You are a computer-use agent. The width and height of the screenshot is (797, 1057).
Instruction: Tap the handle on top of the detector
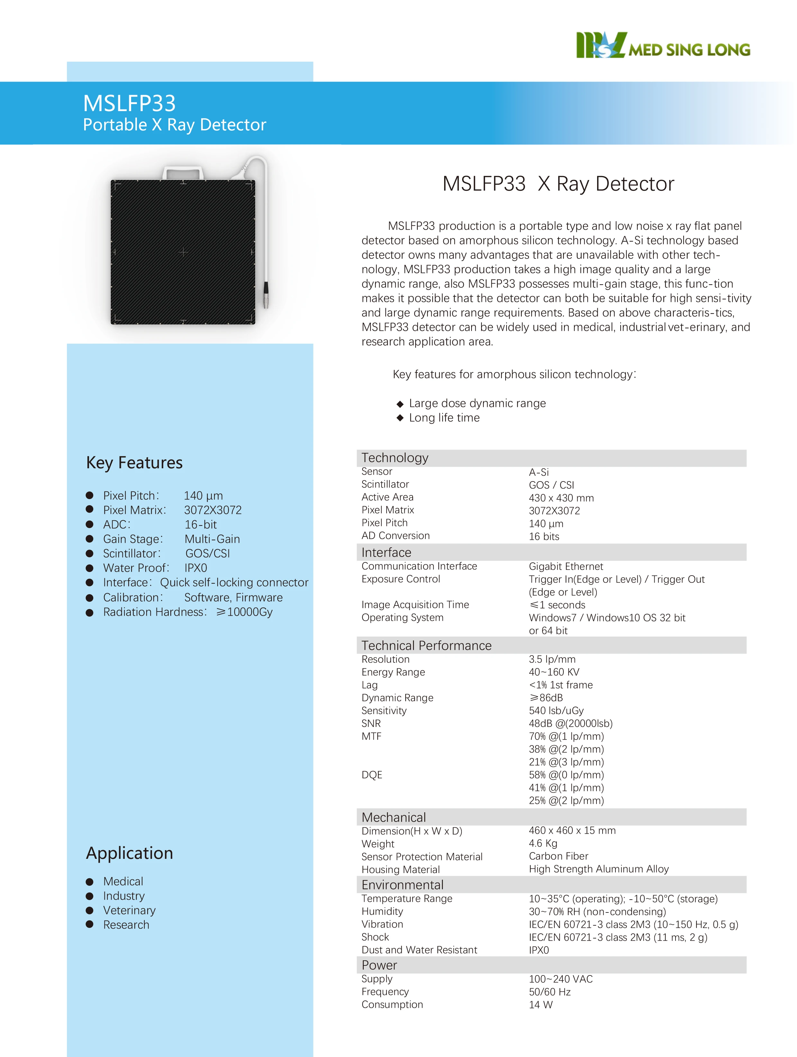click(183, 172)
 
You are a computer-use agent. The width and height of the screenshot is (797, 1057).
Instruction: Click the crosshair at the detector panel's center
click(183, 252)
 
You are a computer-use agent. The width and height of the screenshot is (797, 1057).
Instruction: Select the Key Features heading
click(134, 462)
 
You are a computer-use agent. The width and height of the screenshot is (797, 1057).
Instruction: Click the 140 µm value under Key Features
click(203, 496)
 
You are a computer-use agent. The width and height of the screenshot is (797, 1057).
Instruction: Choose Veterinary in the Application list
click(129, 910)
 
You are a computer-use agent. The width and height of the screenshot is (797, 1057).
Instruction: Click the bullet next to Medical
click(89, 882)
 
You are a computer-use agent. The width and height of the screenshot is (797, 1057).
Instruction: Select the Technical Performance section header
click(426, 646)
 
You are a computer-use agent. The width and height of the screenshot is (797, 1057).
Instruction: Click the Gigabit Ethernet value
click(566, 566)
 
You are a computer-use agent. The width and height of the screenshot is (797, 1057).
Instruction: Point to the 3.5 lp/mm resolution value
click(552, 659)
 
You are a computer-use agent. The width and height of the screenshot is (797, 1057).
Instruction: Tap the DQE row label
click(372, 775)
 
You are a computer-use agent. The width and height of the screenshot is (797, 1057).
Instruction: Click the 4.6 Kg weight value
click(543, 843)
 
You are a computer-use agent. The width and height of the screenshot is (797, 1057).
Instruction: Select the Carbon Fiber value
click(559, 856)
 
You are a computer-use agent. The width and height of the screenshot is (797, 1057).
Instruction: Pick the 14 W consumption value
click(540, 1005)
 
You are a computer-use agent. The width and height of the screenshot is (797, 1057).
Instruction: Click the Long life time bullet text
click(444, 418)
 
